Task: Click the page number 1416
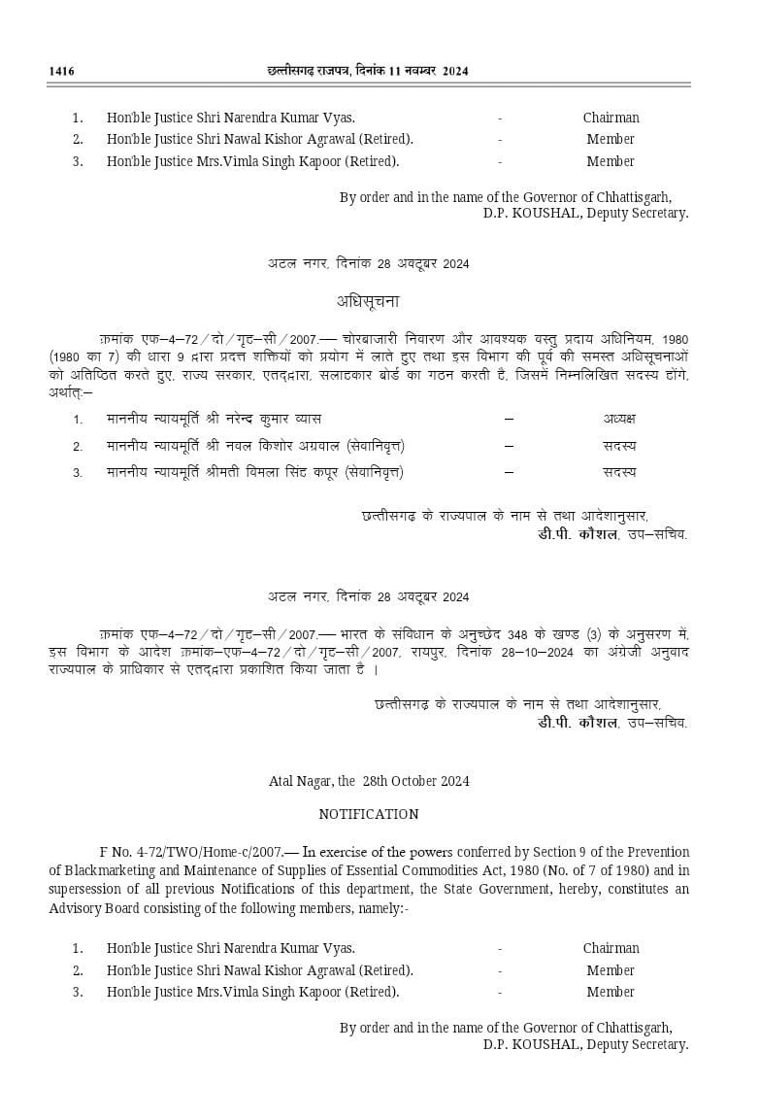(x=61, y=71)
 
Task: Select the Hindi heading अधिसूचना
(x=368, y=301)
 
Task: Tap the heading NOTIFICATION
(x=368, y=814)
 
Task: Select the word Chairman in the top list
(x=611, y=118)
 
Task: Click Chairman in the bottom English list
(x=611, y=948)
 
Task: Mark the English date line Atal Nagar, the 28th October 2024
(x=369, y=780)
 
